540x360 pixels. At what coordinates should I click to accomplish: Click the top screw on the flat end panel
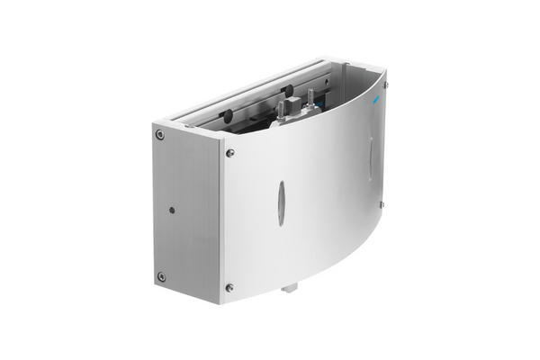(x=159, y=135)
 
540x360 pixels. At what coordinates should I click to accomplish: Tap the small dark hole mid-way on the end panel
(x=172, y=210)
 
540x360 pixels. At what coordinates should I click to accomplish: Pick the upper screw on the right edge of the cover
(x=385, y=85)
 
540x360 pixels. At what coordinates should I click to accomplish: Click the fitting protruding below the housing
(x=289, y=288)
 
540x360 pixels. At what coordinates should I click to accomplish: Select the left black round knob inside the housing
(x=227, y=114)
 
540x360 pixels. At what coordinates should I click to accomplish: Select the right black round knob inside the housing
(x=288, y=91)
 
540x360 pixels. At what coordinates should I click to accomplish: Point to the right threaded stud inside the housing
(x=310, y=97)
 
